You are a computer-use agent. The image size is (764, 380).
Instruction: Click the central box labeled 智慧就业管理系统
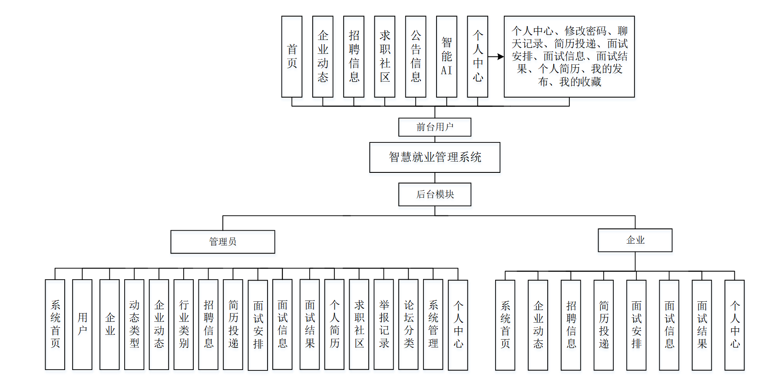pos(434,157)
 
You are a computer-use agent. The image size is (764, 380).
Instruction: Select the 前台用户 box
pos(434,127)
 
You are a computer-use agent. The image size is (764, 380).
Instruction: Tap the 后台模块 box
pos(434,194)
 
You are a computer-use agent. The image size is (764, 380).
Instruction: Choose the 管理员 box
pos(222,241)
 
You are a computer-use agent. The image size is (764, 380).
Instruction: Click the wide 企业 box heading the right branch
pos(635,240)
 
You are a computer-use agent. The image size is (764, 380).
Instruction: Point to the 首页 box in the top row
pos(291,56)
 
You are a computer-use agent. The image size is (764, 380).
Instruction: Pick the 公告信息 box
pos(415,56)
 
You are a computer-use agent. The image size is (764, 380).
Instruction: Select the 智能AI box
pos(446,56)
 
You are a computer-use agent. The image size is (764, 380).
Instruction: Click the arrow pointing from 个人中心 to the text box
pos(496,56)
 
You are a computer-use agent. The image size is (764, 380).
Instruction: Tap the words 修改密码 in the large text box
pos(585,31)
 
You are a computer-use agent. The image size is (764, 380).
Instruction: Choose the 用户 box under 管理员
pos(82,324)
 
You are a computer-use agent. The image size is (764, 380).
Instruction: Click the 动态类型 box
pos(134,324)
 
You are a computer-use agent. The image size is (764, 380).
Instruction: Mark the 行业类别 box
pos(183,324)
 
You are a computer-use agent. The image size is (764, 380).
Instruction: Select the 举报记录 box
pos(384,324)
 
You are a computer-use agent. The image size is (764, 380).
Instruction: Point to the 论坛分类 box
pos(408,324)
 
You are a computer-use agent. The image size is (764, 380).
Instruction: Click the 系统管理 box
pos(433,324)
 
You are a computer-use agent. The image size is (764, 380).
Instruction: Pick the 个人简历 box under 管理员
pos(334,324)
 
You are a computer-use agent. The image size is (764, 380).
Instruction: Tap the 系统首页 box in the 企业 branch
pos(505,325)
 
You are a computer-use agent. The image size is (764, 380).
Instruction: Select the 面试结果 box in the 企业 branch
pos(701,325)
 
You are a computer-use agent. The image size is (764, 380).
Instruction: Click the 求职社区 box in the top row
pos(384,56)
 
